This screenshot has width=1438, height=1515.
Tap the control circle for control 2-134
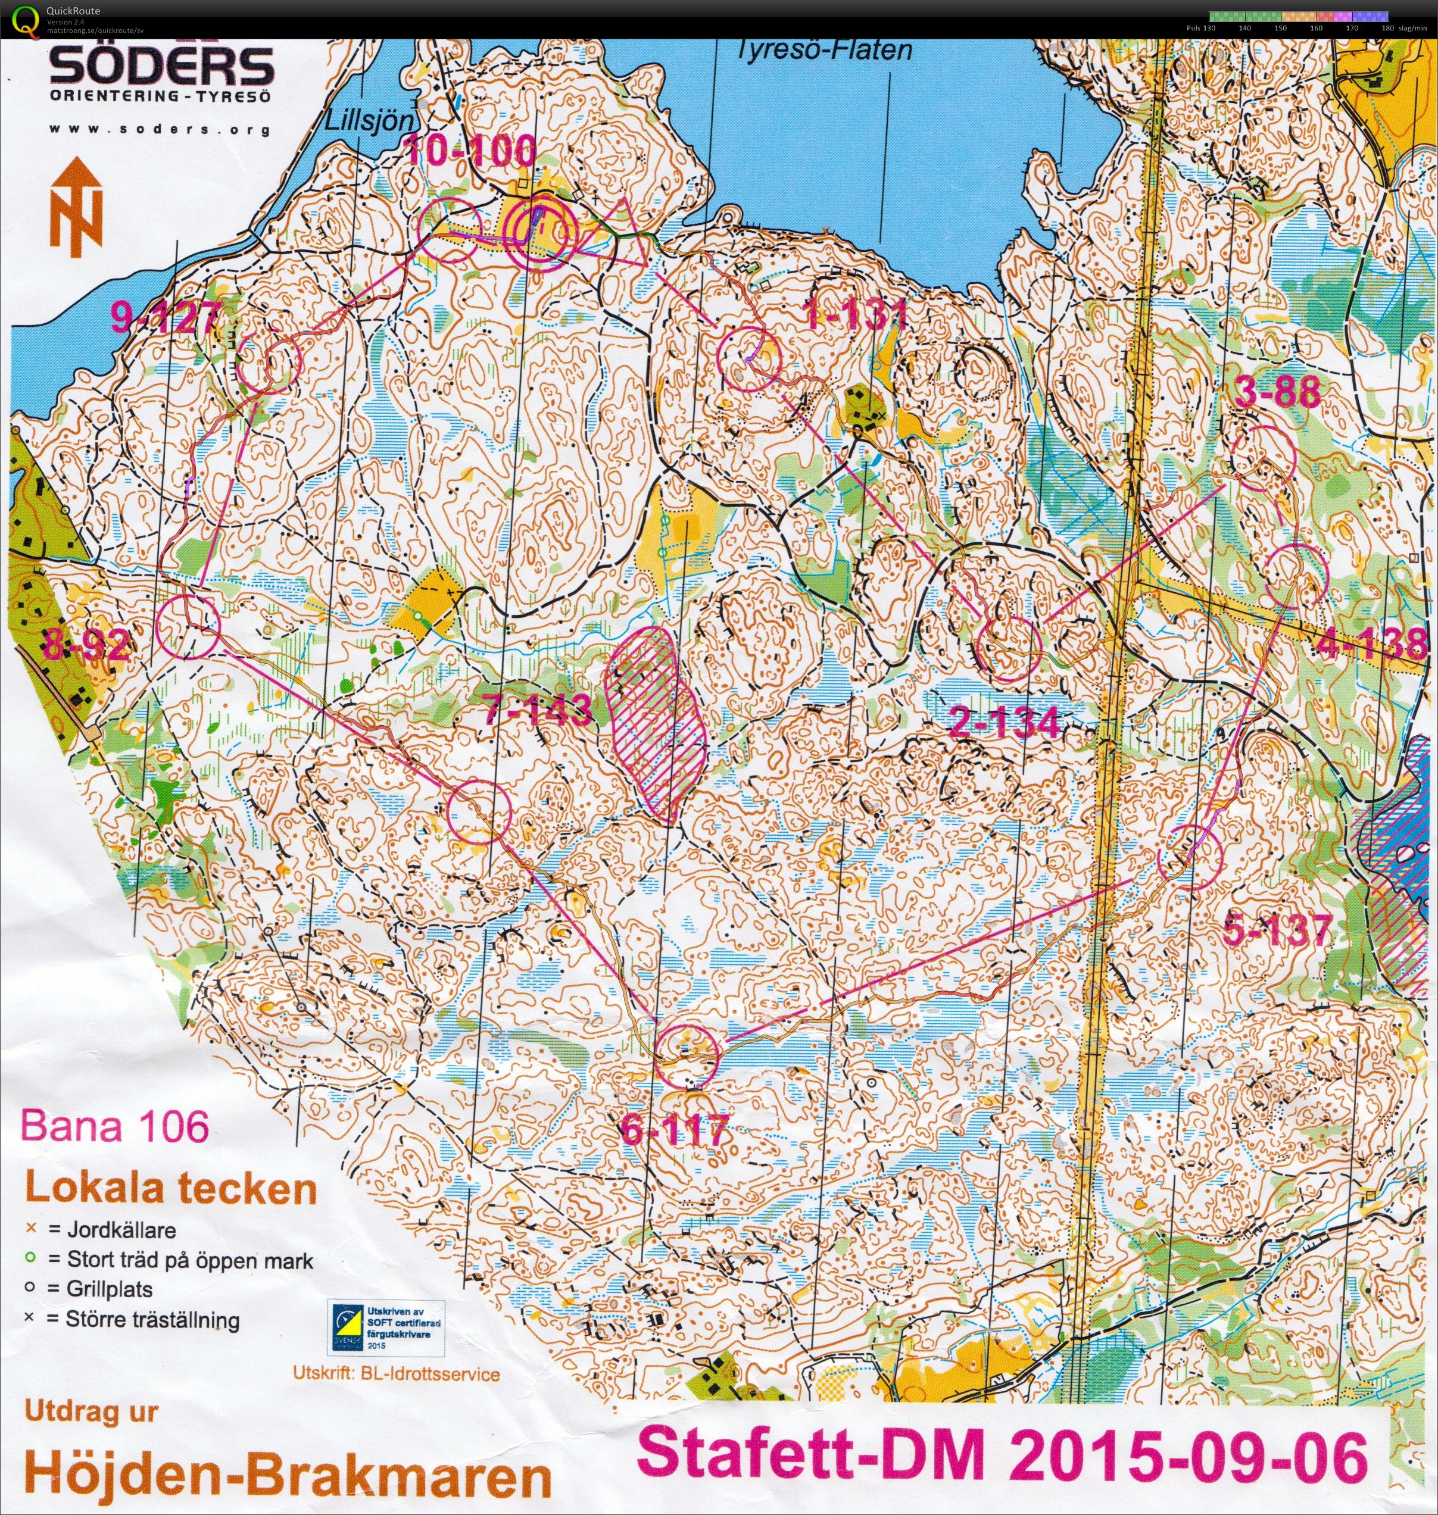click(x=1009, y=648)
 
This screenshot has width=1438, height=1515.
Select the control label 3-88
click(x=1278, y=393)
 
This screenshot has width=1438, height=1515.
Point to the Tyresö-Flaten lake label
click(x=824, y=51)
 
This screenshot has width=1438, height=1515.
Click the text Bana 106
click(x=115, y=1126)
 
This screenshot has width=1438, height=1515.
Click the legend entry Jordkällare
click(x=112, y=1230)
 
